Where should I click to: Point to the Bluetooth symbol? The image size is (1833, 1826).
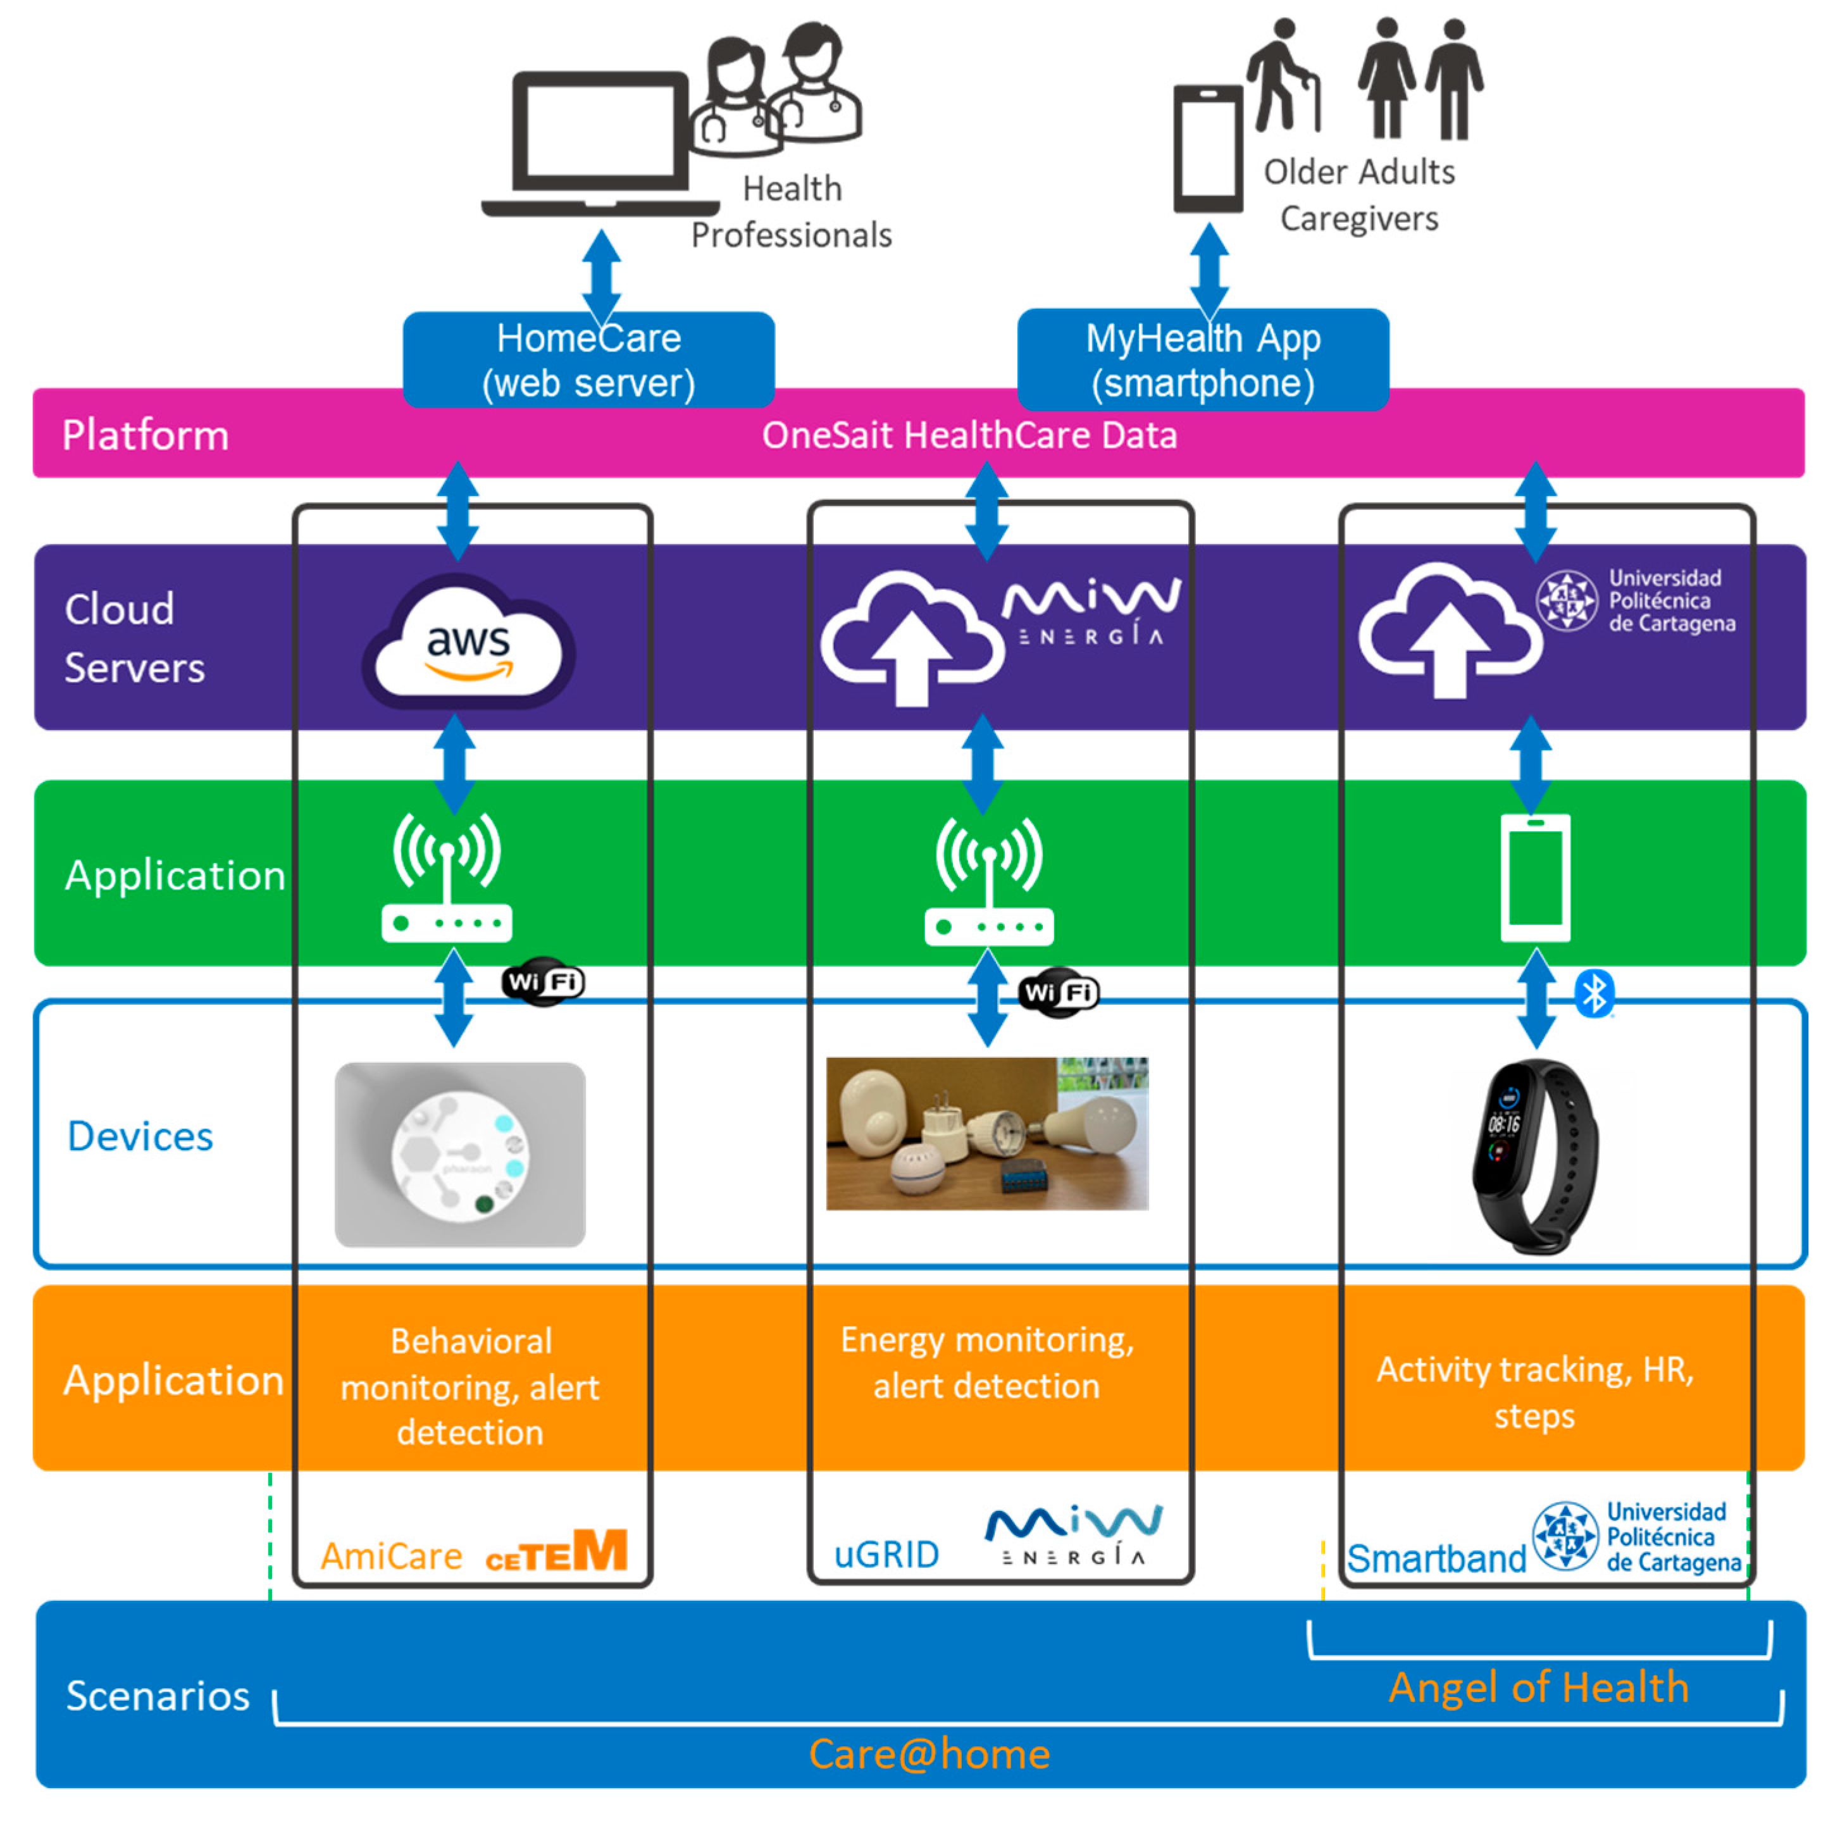[1594, 994]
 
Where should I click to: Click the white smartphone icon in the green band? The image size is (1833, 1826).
[1534, 878]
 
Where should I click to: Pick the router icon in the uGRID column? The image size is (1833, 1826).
[988, 882]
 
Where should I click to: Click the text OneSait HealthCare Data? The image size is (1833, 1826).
[969, 435]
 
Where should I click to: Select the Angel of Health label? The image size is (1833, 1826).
[1538, 1687]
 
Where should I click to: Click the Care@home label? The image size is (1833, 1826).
[929, 1754]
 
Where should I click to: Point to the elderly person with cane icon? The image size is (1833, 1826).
[1283, 76]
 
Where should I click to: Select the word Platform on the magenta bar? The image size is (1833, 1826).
[145, 435]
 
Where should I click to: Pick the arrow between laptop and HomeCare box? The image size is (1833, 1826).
[602, 275]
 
